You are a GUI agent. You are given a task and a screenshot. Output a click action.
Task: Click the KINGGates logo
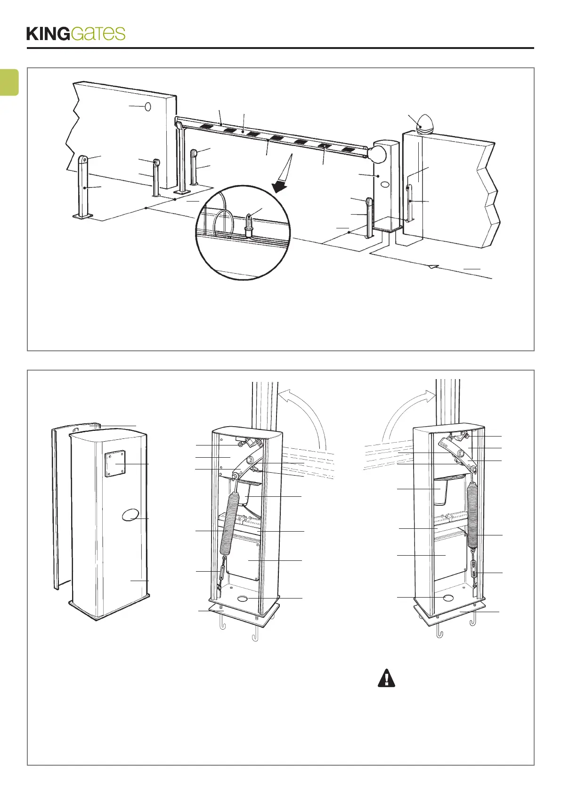(x=76, y=33)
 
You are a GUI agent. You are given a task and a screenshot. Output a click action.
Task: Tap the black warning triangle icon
(x=386, y=678)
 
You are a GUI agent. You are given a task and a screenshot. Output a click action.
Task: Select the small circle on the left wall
(x=147, y=107)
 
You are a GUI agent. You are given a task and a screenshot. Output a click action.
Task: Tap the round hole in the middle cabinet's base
(x=244, y=598)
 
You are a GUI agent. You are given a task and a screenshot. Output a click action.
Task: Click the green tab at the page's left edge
(x=9, y=82)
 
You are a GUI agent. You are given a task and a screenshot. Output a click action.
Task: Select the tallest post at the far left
(x=83, y=186)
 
